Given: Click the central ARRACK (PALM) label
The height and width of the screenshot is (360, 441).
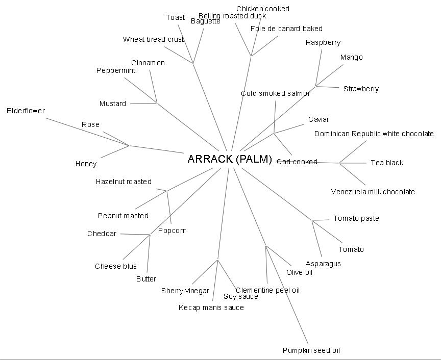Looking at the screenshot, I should pyautogui.click(x=230, y=159).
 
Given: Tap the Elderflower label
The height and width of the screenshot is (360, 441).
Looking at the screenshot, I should pyautogui.click(x=26, y=111).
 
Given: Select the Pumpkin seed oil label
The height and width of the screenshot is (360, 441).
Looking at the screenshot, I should pyautogui.click(x=311, y=350).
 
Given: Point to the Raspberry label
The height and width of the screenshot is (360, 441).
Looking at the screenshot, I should pyautogui.click(x=323, y=42).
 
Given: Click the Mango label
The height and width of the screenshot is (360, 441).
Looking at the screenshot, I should pyautogui.click(x=351, y=57).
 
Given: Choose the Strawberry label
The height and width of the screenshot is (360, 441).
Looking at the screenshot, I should pyautogui.click(x=361, y=89).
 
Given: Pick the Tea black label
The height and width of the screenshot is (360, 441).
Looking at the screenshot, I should pyautogui.click(x=386, y=163).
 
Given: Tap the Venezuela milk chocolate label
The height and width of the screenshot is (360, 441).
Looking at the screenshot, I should pyautogui.click(x=373, y=192).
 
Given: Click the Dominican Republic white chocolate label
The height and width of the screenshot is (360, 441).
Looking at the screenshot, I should pyautogui.click(x=374, y=134).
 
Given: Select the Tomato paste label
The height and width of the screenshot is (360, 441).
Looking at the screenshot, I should pyautogui.click(x=356, y=218).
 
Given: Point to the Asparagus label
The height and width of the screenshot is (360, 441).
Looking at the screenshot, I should pyautogui.click(x=323, y=264).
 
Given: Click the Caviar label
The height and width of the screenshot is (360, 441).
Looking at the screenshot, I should pyautogui.click(x=318, y=119).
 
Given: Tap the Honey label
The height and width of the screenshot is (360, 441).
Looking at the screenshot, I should pyautogui.click(x=86, y=164).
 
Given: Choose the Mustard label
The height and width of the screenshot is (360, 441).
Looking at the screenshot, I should pyautogui.click(x=113, y=104).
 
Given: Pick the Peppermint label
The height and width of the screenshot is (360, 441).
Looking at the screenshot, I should pyautogui.click(x=116, y=70).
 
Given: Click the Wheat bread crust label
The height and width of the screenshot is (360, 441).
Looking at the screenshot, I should pyautogui.click(x=153, y=39).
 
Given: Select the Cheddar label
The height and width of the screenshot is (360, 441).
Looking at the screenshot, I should pyautogui.click(x=102, y=234).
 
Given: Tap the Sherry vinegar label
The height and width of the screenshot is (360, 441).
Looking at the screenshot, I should pyautogui.click(x=185, y=291).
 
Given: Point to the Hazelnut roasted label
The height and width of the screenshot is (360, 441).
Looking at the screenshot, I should pyautogui.click(x=124, y=182).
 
